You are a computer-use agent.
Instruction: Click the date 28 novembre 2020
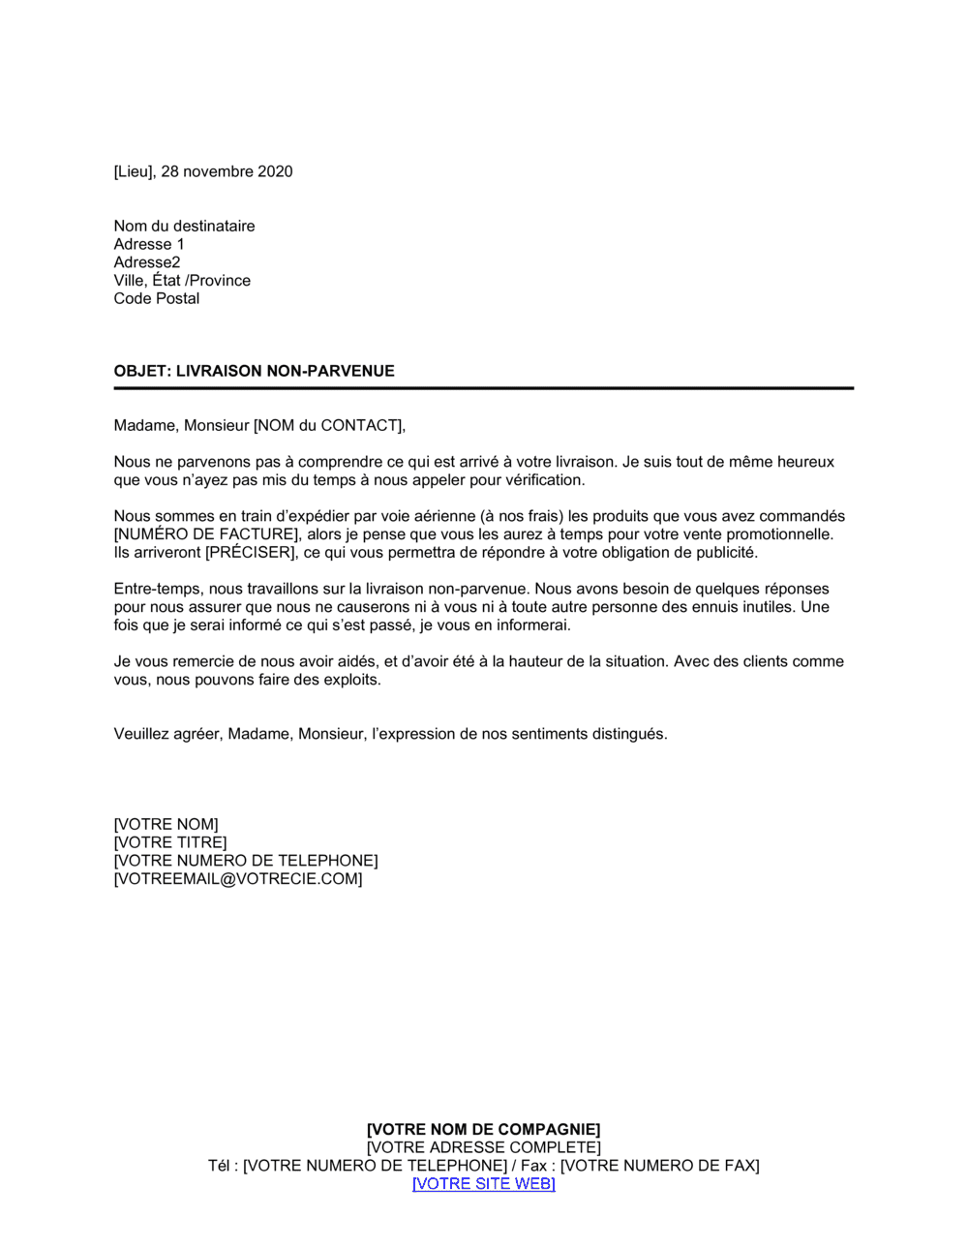(x=227, y=171)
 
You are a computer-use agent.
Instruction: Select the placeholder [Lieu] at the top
(x=134, y=171)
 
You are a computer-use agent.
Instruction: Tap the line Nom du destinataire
(x=184, y=226)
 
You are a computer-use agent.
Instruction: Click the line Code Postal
(x=157, y=298)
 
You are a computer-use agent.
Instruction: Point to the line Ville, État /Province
(x=182, y=281)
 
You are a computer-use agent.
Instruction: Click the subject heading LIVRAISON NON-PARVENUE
(x=285, y=371)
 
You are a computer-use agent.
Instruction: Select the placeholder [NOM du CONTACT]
(x=329, y=425)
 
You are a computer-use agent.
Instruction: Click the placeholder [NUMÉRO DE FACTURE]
(x=205, y=534)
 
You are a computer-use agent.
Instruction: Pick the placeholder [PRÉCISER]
(x=250, y=553)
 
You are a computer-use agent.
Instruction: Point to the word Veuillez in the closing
(x=144, y=734)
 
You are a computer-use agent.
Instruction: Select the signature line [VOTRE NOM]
(x=166, y=825)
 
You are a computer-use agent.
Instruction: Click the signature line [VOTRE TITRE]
(x=170, y=842)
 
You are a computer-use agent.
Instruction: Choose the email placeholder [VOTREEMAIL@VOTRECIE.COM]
(x=238, y=879)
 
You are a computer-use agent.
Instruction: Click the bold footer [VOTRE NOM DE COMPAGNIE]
(x=483, y=1129)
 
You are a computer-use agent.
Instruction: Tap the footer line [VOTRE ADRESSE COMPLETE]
(x=483, y=1147)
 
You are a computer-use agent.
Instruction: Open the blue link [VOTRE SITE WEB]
(x=483, y=1183)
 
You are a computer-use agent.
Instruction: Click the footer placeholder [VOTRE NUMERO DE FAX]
(x=659, y=1166)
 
